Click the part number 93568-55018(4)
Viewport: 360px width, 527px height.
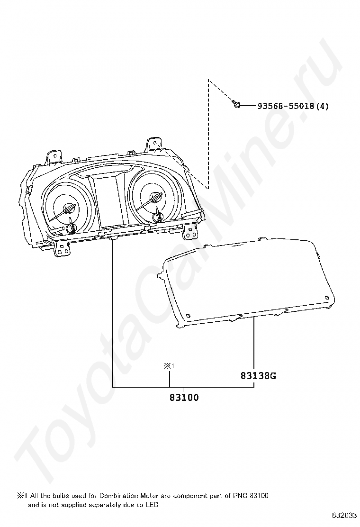[x=293, y=106]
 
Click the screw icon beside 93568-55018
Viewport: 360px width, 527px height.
[x=236, y=105]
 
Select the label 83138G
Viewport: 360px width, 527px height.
[x=258, y=375]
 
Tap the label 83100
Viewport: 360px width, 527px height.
[x=184, y=398]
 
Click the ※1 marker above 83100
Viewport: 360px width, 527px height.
[x=169, y=366]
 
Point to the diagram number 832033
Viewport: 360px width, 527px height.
[x=344, y=515]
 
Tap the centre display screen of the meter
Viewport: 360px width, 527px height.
[x=108, y=203]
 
